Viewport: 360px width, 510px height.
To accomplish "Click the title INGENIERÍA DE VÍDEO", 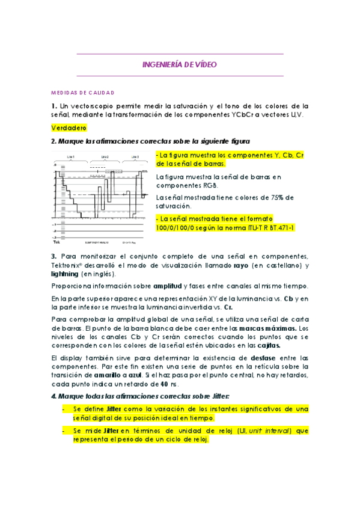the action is tap(180, 64).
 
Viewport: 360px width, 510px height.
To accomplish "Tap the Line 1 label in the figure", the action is tap(71, 156).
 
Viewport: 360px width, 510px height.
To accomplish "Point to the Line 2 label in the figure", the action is tap(105, 156).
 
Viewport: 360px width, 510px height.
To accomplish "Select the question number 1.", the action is tap(53, 106).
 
